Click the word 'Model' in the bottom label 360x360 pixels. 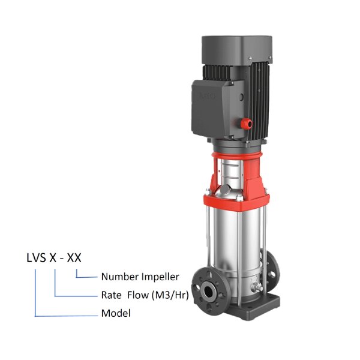click(x=115, y=313)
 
